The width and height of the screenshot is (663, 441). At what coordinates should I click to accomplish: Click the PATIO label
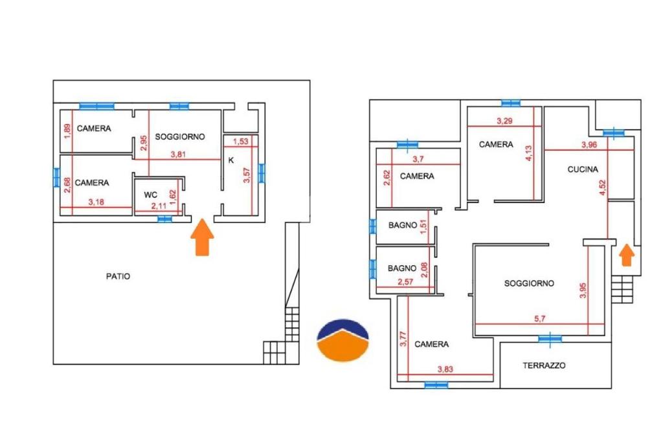point(118,276)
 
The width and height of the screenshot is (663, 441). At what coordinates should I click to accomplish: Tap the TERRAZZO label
point(544,365)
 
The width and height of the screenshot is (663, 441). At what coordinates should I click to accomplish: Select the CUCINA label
point(583,169)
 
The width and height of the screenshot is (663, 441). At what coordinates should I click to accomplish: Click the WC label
point(150,195)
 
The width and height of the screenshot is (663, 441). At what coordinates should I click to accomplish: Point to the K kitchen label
point(231,160)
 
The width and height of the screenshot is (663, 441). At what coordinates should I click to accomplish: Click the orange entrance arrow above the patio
point(202,237)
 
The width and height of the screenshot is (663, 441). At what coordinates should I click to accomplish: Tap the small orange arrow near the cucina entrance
point(627,255)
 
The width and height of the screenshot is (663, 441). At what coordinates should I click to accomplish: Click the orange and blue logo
point(343,340)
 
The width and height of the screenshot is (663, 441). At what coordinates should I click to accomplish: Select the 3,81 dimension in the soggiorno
point(178,155)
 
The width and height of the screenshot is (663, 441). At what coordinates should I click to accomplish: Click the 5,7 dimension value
point(540,319)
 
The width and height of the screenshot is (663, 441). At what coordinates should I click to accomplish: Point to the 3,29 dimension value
point(504,121)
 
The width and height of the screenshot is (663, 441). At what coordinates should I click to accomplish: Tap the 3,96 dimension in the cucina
point(589,145)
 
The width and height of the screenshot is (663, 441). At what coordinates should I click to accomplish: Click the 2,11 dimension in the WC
point(159,206)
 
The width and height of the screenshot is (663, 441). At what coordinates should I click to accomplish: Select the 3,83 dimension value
point(445,369)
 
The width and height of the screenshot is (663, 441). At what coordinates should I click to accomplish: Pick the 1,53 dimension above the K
point(241,142)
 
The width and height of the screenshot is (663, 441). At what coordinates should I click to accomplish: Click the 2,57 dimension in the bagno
point(405,282)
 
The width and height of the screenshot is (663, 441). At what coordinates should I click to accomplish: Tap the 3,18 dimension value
point(96,202)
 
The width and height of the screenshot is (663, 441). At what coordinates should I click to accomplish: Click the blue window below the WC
point(164,219)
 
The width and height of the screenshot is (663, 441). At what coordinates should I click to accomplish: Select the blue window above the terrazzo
point(550,339)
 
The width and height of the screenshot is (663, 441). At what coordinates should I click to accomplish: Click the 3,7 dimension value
point(418,159)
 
